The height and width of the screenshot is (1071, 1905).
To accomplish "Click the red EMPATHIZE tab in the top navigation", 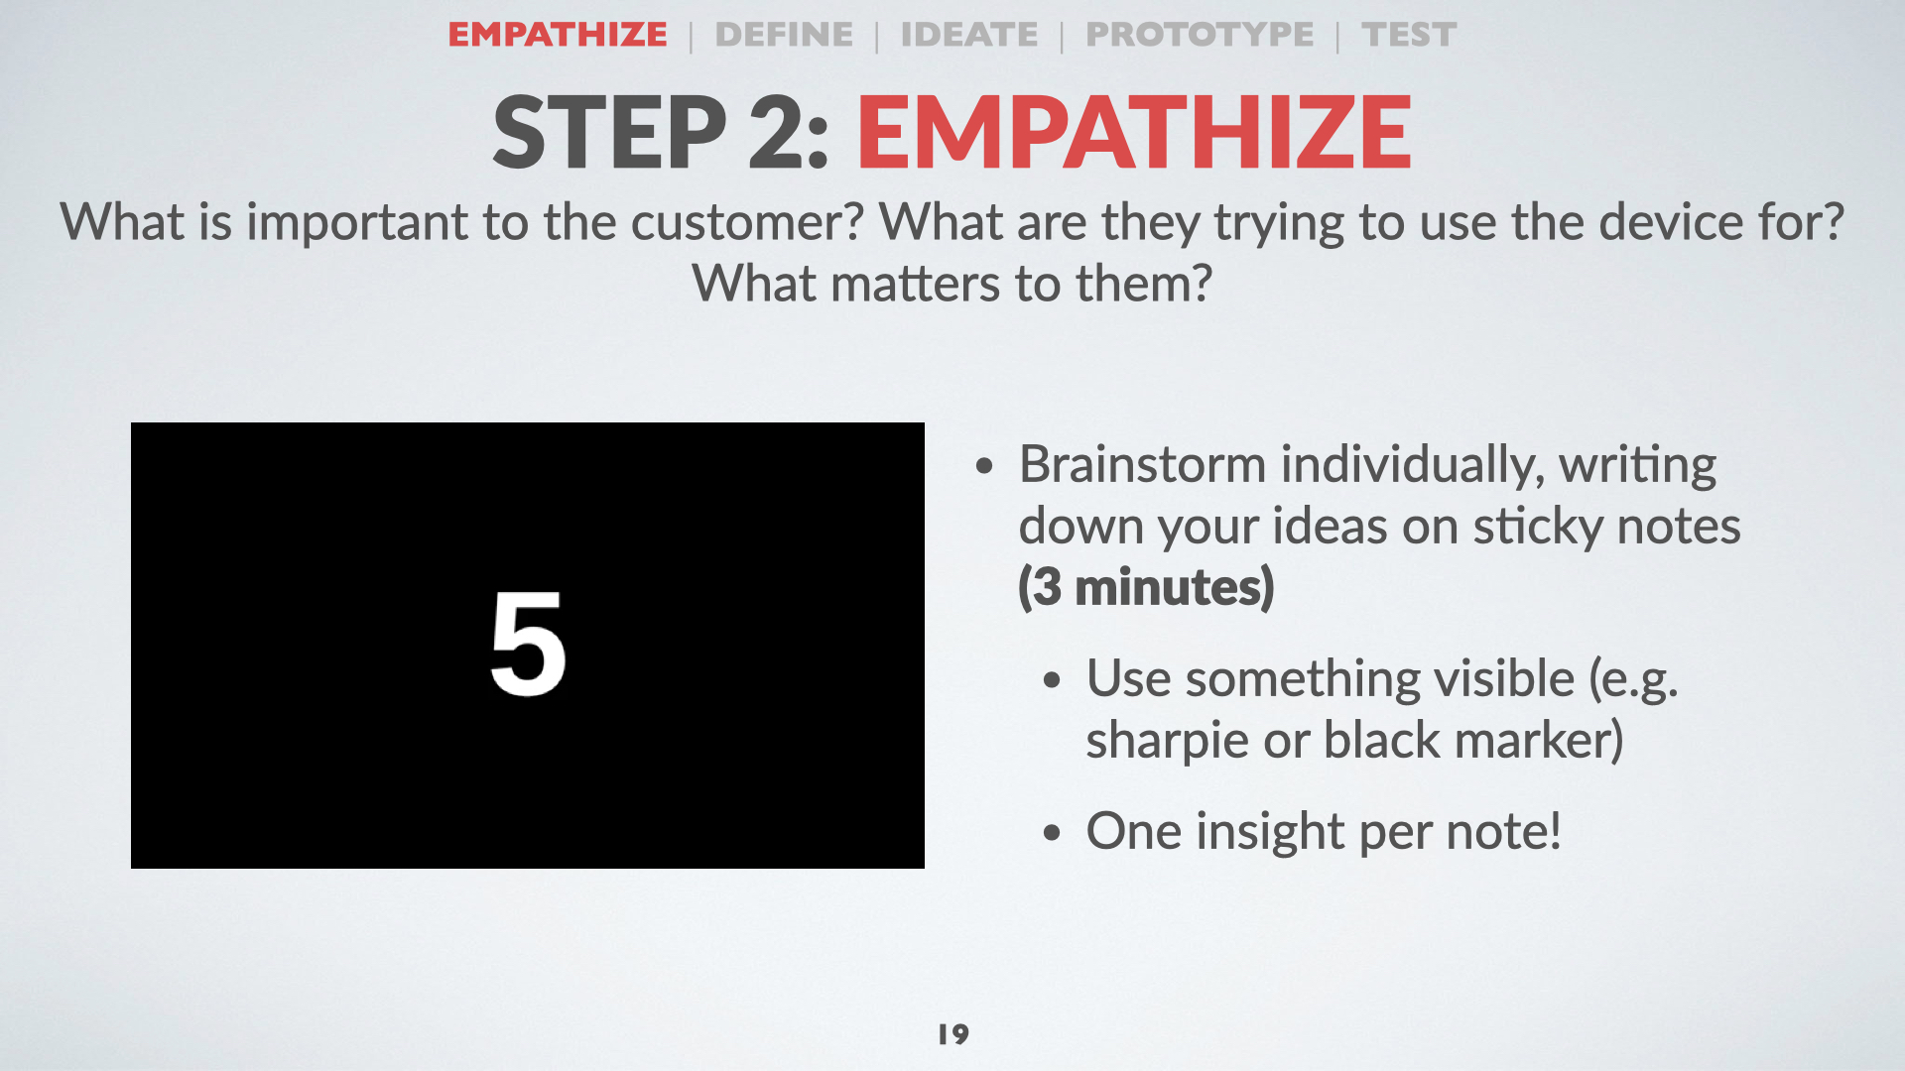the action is point(558,35).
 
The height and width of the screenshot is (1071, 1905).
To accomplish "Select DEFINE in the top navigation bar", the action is point(784,35).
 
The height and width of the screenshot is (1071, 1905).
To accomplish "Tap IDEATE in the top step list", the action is point(969,35).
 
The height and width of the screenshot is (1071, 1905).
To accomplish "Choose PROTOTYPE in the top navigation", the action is point(1200,35).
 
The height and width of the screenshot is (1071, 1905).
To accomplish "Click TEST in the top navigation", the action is point(1409,35).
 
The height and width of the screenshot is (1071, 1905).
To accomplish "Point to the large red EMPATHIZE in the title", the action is point(1134,132).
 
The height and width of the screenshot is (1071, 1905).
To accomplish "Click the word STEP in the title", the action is point(609,132).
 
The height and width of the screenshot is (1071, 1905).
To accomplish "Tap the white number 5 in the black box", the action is point(528,643).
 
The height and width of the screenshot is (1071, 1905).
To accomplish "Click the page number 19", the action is point(953,1034).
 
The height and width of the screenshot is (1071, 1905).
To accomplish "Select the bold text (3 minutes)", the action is point(1146,587).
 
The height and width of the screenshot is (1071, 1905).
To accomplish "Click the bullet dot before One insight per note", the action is point(1052,833).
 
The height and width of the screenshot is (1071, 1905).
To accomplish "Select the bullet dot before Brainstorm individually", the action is point(984,466).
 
